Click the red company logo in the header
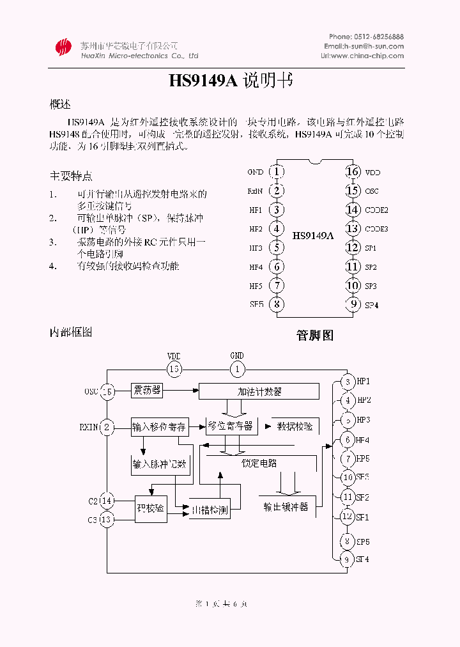63,47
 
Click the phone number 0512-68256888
379,36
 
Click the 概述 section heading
60,104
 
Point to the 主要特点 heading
71,175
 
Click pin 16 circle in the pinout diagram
353,171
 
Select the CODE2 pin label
376,210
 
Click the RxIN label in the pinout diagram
255,191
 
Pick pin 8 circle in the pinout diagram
276,304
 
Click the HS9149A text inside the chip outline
313,235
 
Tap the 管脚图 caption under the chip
314,335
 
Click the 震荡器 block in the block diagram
147,389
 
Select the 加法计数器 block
259,391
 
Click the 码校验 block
151,508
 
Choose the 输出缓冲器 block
286,506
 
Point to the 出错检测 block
211,510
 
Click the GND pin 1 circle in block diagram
237,368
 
